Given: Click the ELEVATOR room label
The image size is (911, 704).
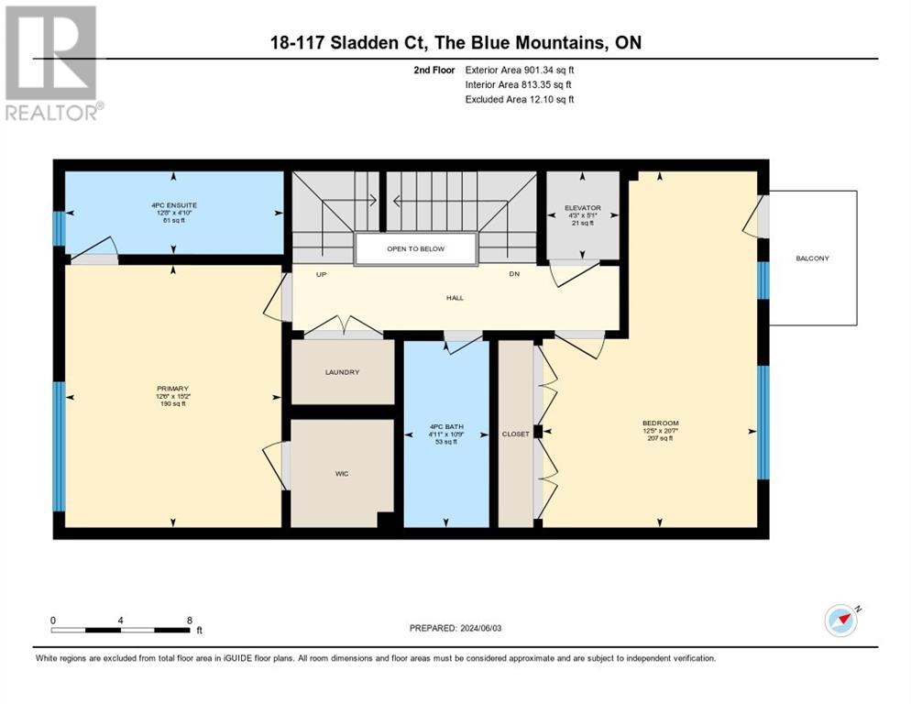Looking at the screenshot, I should pyautogui.click(x=582, y=206).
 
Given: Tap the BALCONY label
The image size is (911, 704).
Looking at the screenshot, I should pyautogui.click(x=812, y=258).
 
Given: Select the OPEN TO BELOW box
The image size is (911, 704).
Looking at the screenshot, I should pyautogui.click(x=416, y=249).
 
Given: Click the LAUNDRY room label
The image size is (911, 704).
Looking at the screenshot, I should pyautogui.click(x=342, y=372).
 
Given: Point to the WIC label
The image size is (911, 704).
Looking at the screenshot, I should pyautogui.click(x=342, y=473).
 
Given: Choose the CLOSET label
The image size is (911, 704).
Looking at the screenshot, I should pyautogui.click(x=516, y=434).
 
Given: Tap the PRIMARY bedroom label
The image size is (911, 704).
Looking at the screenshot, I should pyautogui.click(x=172, y=389).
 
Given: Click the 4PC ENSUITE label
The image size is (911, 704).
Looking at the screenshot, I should pyautogui.click(x=174, y=205).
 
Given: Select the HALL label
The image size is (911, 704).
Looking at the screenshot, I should pyautogui.click(x=455, y=297).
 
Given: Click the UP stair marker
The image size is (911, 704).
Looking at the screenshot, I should pyautogui.click(x=321, y=274).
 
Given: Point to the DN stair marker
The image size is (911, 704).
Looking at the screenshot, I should pyautogui.click(x=515, y=274).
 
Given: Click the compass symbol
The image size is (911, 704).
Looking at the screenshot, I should pyautogui.click(x=840, y=621).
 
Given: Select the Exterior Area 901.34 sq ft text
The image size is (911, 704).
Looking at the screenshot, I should pyautogui.click(x=520, y=69).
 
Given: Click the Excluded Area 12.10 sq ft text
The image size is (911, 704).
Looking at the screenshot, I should pyautogui.click(x=520, y=99).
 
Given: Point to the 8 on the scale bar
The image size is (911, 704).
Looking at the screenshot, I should pyautogui.click(x=189, y=620).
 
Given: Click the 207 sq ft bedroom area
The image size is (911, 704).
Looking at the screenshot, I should pyautogui.click(x=659, y=438).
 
